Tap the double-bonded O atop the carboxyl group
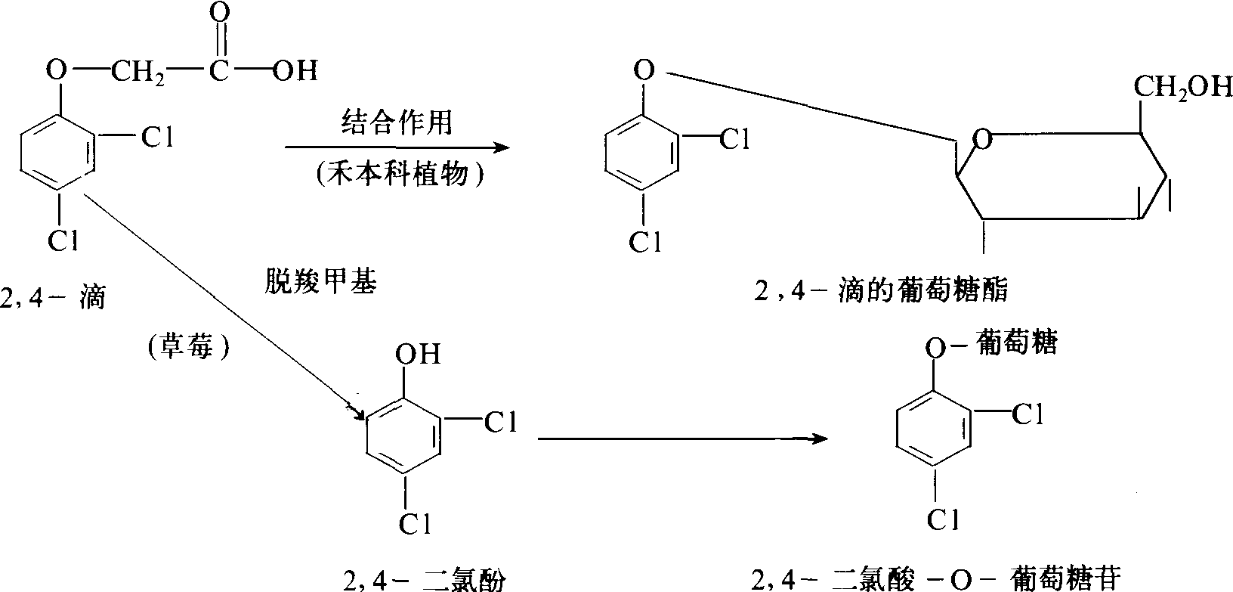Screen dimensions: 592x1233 [x=220, y=13]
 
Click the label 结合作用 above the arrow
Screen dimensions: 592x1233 [x=397, y=122]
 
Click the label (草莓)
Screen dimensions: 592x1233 [x=185, y=346]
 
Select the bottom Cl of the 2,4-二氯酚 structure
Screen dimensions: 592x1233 [x=414, y=522]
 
